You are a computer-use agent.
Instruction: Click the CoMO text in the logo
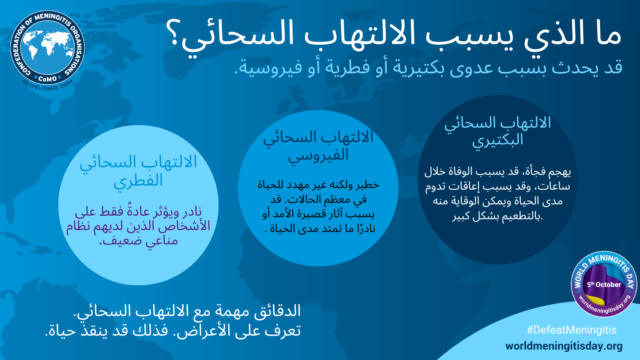tap(48, 78)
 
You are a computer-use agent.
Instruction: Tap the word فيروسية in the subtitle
tap(268, 68)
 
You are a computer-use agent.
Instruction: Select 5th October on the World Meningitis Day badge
tap(604, 284)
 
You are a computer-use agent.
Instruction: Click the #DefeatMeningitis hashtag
tap(572, 330)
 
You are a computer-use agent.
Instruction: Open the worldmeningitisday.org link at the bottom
tap(564, 346)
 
